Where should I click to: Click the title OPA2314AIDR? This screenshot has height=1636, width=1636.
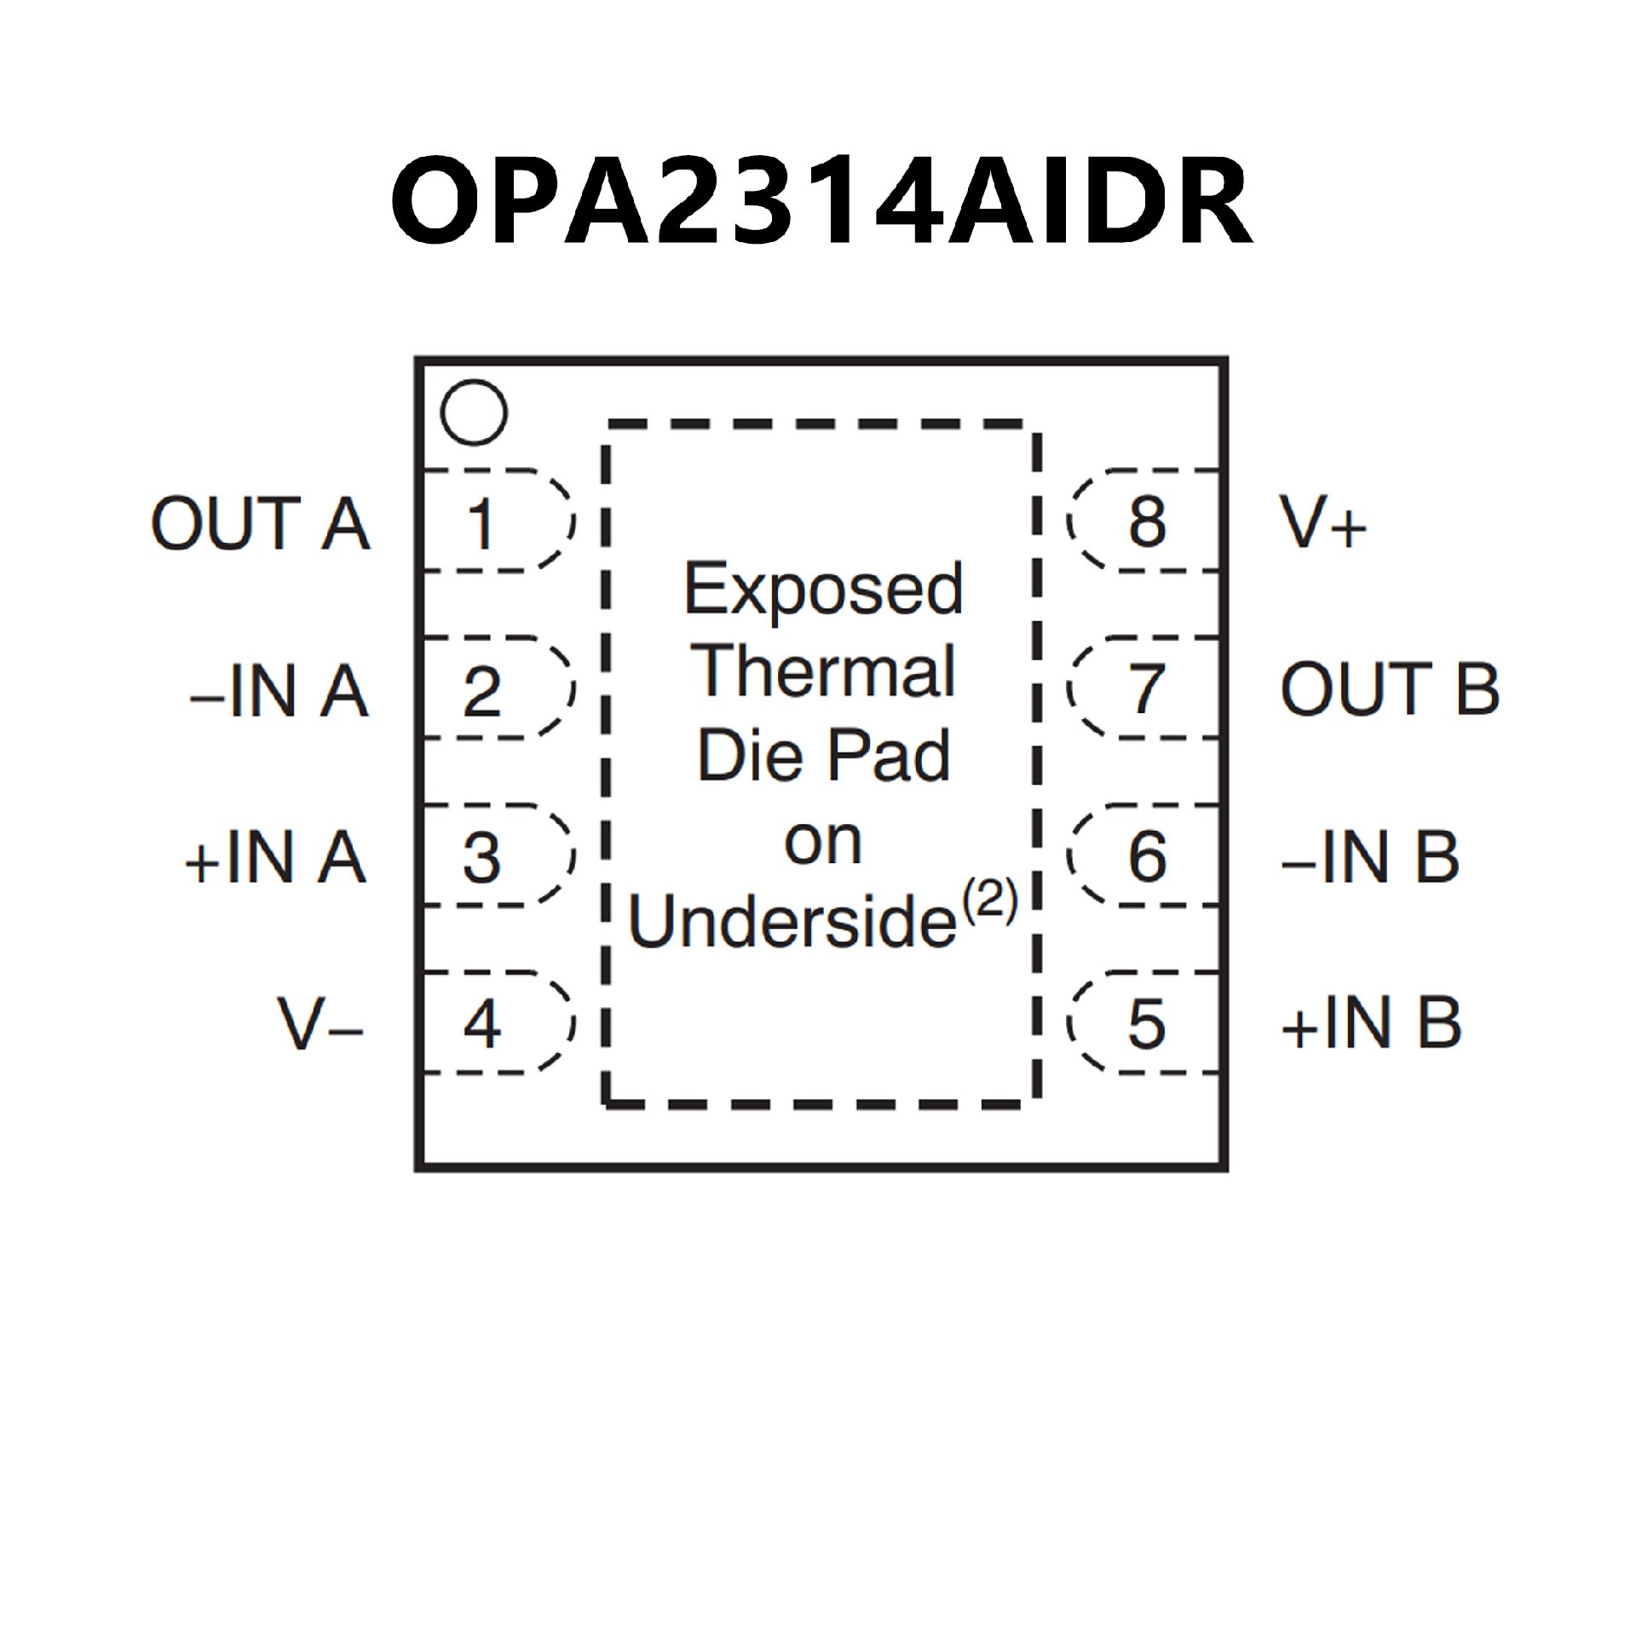coord(821,203)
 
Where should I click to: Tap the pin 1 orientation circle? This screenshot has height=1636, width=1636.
coord(474,412)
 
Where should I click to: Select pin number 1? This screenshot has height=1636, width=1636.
coord(481,523)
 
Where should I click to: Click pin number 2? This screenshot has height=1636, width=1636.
coord(481,690)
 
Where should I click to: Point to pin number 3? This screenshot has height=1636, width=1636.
coord(481,856)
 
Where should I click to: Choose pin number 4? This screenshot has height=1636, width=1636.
coord(481,1023)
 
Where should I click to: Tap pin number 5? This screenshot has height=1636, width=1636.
coord(1146,1023)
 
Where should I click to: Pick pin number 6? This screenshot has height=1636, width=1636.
coord(1147,856)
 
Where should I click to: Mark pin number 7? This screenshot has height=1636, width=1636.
coord(1147,689)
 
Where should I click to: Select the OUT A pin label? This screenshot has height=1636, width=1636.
coord(261,523)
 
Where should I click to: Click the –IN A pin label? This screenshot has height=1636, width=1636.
coord(279,691)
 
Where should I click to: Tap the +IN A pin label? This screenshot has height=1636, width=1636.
coord(275,857)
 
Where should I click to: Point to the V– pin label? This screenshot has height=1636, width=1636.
coord(320,1024)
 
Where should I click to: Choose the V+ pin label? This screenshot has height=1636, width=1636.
coord(1322,523)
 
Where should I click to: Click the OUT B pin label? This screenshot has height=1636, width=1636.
coord(1389,689)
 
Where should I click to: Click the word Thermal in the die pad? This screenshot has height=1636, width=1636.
coord(825,671)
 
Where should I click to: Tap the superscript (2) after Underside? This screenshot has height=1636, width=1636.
coord(991,902)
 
